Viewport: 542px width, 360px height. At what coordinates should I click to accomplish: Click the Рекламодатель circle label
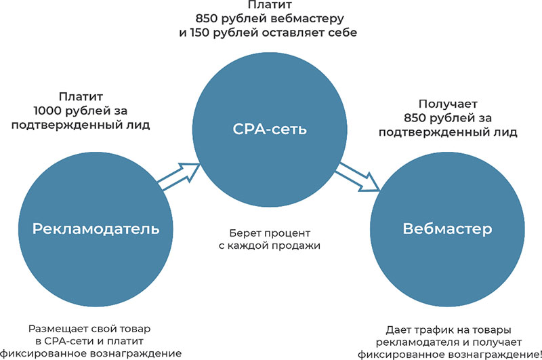coord(96,228)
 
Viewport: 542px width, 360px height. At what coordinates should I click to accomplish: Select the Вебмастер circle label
coord(447,228)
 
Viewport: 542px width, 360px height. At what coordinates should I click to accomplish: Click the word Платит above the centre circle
coord(270,4)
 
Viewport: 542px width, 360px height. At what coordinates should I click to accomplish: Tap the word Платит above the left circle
coord(79,96)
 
